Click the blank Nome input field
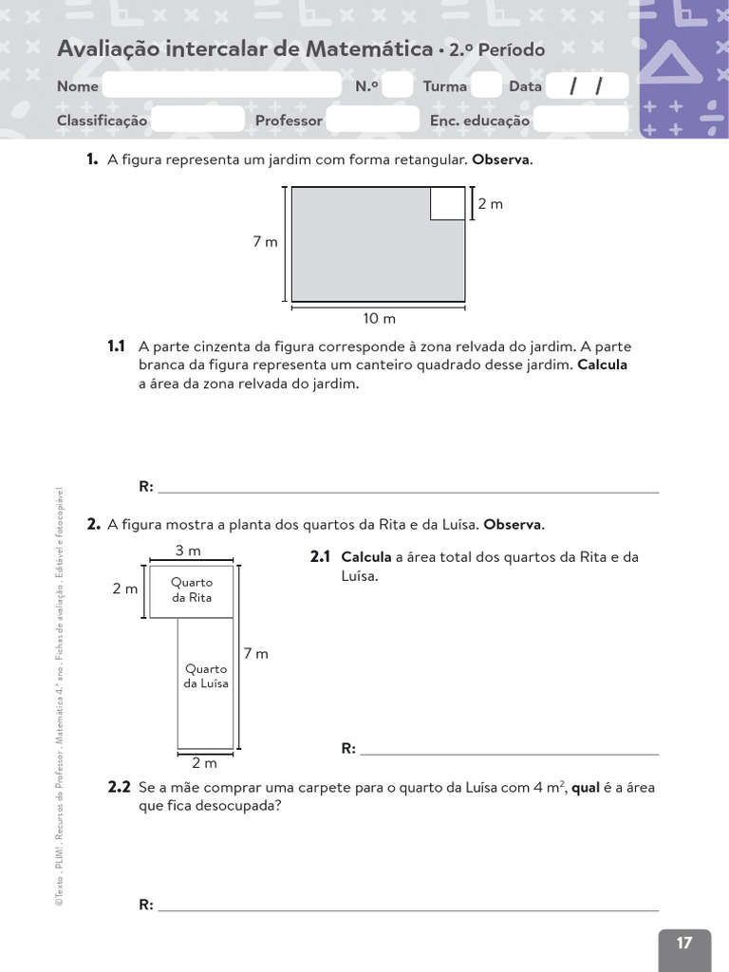point(221,86)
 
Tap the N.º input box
point(399,86)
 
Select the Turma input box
point(486,86)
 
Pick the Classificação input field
point(197,120)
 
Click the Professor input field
point(372,120)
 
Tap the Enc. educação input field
point(580,120)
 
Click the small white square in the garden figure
point(447,203)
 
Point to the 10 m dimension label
point(380,318)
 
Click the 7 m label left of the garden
point(265,242)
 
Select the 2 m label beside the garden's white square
point(490,203)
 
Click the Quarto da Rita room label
point(192,589)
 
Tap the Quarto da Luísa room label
point(206,676)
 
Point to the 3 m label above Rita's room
point(188,551)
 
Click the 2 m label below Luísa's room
point(204,763)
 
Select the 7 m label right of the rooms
point(256,654)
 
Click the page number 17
point(684,943)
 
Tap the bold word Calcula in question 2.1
point(366,557)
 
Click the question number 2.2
point(119,788)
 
